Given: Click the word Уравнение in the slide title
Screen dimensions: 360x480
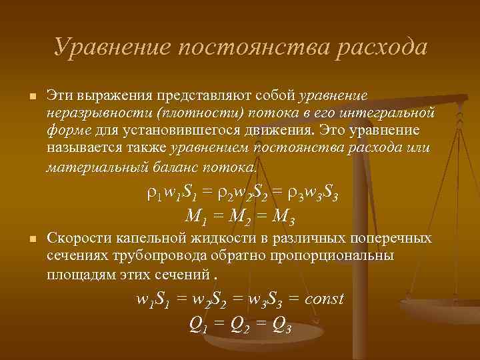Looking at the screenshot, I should (x=113, y=47).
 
